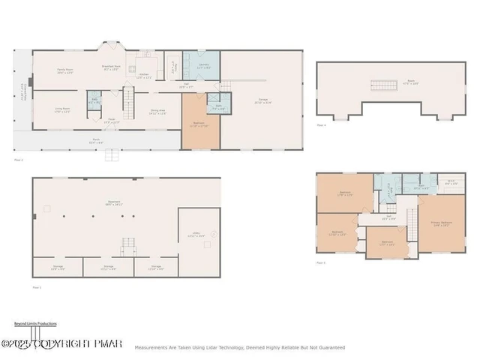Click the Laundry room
202,66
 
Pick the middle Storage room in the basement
109,267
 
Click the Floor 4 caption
321,124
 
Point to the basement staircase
130,246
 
